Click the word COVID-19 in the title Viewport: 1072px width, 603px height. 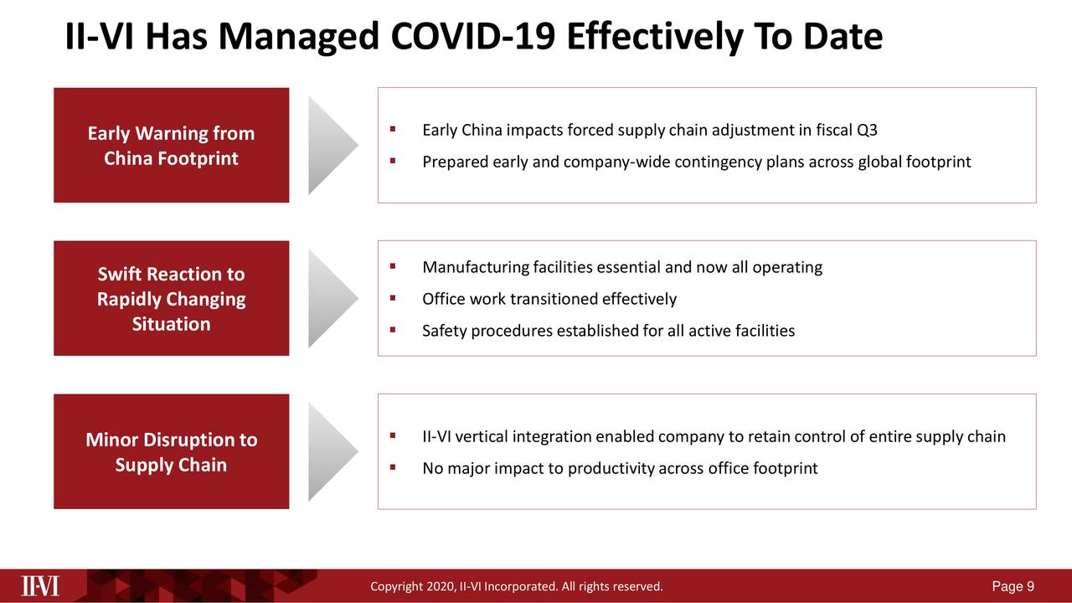click(x=472, y=38)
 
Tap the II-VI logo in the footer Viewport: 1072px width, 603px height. click(x=40, y=585)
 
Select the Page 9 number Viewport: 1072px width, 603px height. click(x=1012, y=586)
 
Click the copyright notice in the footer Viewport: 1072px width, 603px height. click(x=516, y=586)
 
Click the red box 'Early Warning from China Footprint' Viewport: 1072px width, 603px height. click(x=171, y=146)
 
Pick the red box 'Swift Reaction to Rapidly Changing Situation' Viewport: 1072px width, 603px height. click(x=171, y=299)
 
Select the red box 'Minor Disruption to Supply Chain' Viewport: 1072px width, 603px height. click(x=171, y=452)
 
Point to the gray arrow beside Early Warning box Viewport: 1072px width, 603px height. click(x=331, y=145)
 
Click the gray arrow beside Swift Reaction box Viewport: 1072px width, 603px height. click(x=331, y=298)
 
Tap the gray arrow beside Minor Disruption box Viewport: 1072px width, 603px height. click(x=331, y=451)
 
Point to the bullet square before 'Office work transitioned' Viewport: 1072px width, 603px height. click(x=392, y=298)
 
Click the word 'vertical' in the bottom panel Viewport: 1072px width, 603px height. click(x=482, y=437)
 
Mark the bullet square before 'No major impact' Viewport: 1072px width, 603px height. click(x=392, y=467)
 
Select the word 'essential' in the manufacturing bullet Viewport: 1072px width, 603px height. click(x=628, y=267)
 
